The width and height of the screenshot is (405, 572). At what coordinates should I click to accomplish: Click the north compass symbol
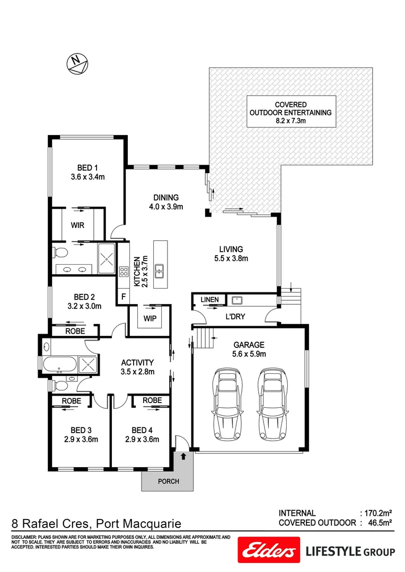coord(77,64)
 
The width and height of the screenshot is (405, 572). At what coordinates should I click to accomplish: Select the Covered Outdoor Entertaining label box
coord(291,112)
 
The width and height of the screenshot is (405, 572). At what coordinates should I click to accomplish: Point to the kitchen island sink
coord(159,272)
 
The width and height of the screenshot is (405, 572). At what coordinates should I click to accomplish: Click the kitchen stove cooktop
coord(124,272)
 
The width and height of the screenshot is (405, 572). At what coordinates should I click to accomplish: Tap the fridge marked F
coord(123,296)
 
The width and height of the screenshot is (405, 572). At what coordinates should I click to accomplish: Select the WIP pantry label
coord(149,319)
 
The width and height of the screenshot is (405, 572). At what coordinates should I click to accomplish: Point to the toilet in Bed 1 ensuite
coord(59,251)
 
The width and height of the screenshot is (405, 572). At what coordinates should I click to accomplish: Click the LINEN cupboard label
coord(209,300)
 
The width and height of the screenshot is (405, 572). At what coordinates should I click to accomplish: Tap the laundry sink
coord(237,300)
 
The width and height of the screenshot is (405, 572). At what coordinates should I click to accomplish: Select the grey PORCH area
coord(168,480)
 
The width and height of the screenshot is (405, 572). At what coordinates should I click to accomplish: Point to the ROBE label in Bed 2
coord(75,331)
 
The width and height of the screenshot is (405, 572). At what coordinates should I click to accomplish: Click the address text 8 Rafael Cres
coord(50,524)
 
